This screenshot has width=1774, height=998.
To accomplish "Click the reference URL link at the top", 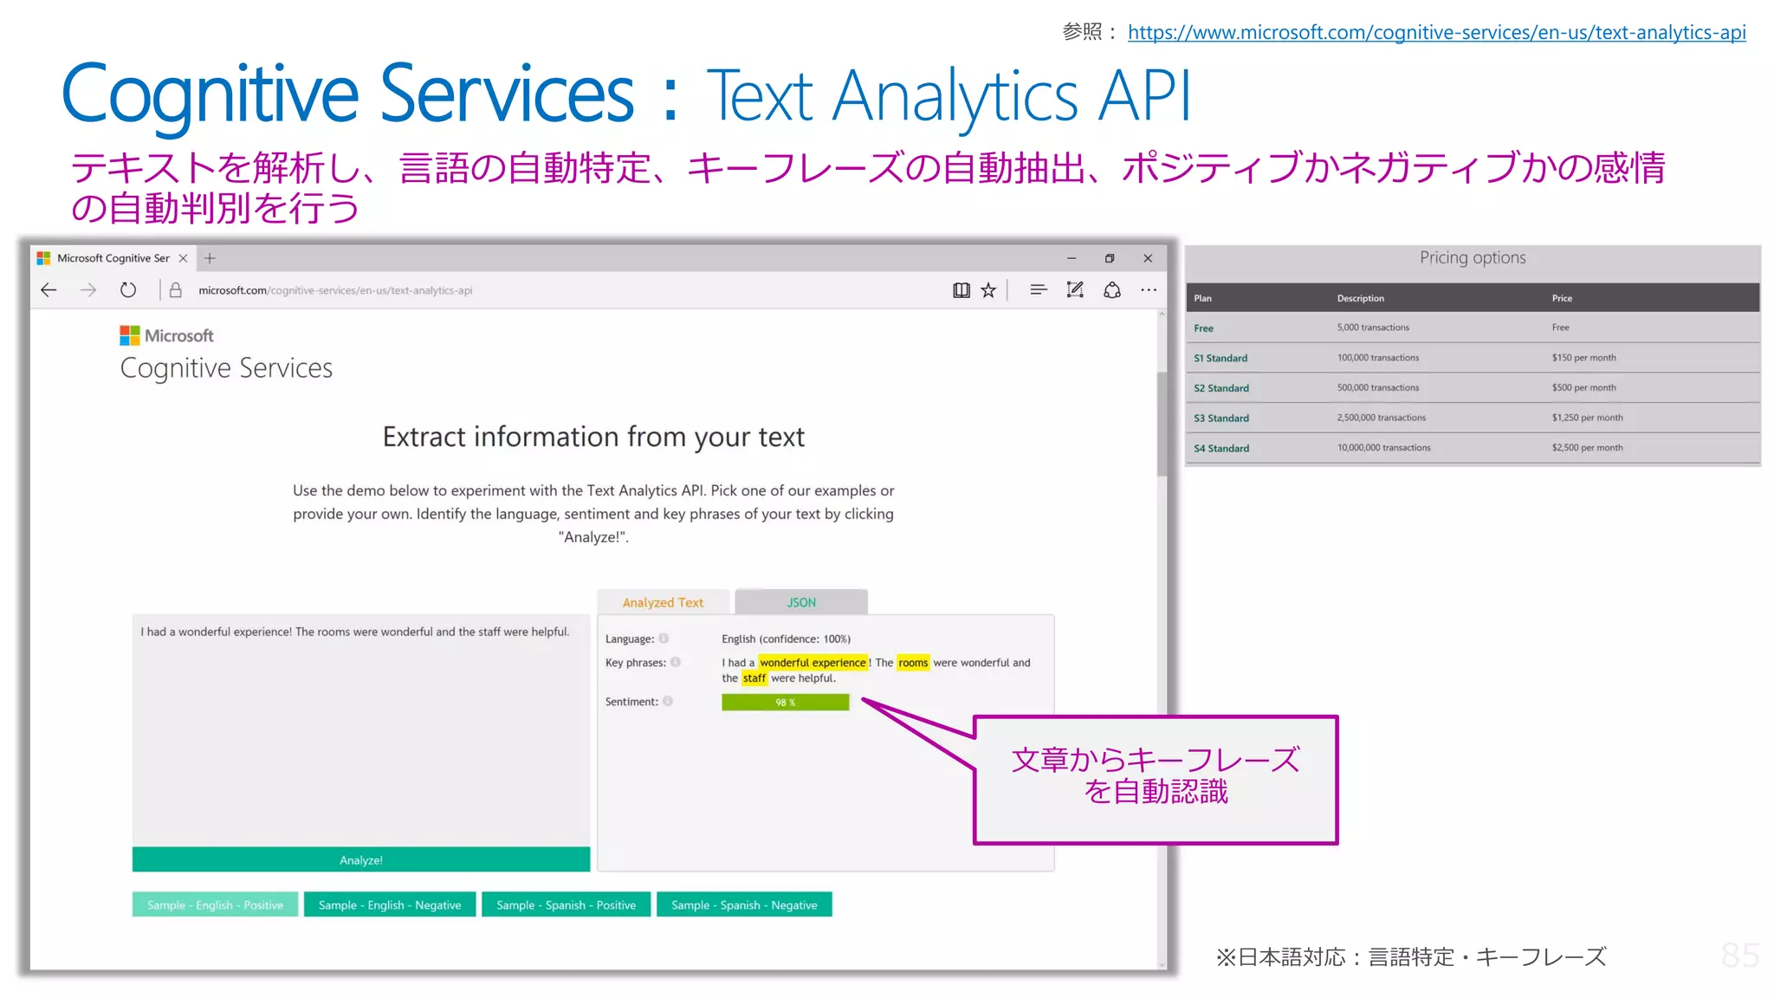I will (x=1436, y=33).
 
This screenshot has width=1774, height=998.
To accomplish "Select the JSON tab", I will (x=801, y=602).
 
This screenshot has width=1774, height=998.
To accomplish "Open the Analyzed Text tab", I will (x=663, y=602).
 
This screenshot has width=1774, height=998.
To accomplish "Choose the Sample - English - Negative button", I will (x=390, y=904).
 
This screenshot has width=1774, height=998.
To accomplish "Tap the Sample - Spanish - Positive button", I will (x=566, y=904).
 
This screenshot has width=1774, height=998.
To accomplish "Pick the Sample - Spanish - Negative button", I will (x=744, y=904).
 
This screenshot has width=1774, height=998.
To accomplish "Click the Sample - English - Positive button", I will (x=215, y=904).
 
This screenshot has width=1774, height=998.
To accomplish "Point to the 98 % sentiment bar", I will (x=785, y=703).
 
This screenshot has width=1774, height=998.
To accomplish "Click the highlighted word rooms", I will (x=913, y=663).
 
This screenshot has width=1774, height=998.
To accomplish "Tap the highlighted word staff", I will (x=754, y=678).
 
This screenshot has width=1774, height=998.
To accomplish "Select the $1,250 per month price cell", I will (x=1587, y=418).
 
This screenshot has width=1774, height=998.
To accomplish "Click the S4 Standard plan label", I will (x=1221, y=448).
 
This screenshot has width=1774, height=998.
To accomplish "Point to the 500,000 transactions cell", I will (x=1377, y=387).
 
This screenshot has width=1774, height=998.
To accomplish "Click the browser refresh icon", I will (x=128, y=290).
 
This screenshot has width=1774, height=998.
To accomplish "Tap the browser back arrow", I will (x=49, y=290).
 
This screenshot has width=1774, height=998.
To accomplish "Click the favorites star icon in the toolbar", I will (x=988, y=290).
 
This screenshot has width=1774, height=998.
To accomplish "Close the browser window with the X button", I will (x=1148, y=258).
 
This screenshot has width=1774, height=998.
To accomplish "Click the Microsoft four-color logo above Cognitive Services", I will (x=130, y=335).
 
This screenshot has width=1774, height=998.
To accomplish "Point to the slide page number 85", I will (x=1739, y=956).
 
